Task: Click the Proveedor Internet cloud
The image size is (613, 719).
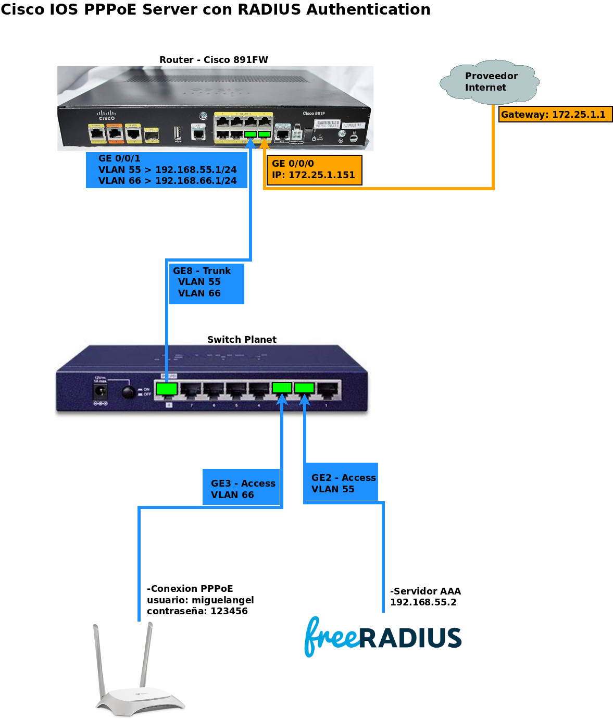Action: tap(489, 82)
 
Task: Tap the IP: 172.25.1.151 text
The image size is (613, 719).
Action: tap(313, 175)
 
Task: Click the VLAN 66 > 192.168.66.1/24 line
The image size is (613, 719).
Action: tap(167, 181)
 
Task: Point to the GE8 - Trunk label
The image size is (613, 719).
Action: tap(202, 271)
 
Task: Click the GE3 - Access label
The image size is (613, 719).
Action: tap(243, 484)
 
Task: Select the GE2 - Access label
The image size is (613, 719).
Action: tap(343, 478)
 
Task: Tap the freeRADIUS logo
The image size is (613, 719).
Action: tap(383, 637)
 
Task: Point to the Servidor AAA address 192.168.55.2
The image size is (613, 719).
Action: tap(423, 602)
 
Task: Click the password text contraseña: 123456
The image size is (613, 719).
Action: tap(197, 611)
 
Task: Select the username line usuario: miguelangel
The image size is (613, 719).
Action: tap(200, 600)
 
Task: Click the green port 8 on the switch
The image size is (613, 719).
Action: tap(167, 389)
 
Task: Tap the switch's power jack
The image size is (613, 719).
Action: tap(100, 392)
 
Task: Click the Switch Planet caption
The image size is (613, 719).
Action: tap(242, 340)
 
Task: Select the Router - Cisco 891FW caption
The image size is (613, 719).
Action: tap(214, 60)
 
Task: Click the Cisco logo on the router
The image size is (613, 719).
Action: tap(107, 115)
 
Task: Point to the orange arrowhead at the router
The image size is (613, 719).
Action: tap(264, 142)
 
